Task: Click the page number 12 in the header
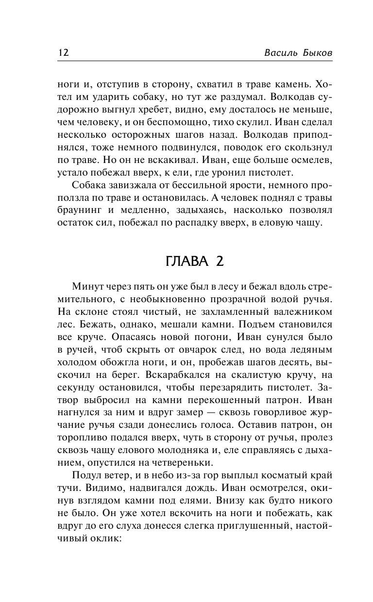[x=63, y=53]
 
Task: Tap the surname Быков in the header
[x=315, y=53]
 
